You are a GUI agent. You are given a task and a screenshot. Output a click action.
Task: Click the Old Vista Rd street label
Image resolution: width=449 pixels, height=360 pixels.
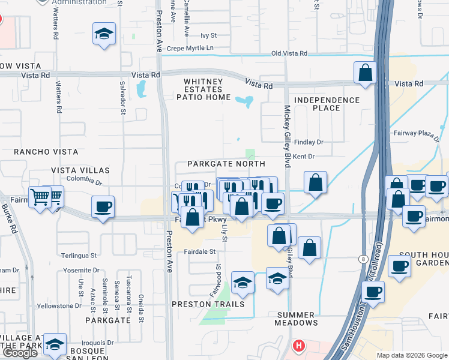click(x=289, y=54)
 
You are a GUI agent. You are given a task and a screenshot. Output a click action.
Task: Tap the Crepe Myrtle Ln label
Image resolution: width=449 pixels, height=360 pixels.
click(x=190, y=48)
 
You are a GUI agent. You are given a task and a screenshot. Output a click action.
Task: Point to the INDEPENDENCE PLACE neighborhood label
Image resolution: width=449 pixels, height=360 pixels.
click(x=327, y=104)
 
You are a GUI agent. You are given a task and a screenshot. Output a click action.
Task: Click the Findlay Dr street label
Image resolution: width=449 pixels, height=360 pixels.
click(x=310, y=142)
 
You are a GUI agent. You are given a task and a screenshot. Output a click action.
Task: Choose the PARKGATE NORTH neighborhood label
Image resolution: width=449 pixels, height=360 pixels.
click(x=226, y=164)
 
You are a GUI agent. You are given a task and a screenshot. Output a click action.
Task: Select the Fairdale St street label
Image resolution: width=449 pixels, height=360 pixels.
click(x=199, y=252)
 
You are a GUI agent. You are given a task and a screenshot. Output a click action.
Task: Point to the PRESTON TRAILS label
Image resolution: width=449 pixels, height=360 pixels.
click(x=208, y=304)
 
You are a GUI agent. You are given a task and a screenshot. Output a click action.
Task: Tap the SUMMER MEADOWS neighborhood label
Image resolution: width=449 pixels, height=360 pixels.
click(x=296, y=319)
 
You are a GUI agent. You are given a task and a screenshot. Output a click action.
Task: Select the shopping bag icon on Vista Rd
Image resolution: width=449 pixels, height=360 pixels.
click(x=365, y=73)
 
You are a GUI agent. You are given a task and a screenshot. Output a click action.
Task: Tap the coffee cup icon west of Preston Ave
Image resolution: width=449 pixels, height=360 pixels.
click(x=103, y=207)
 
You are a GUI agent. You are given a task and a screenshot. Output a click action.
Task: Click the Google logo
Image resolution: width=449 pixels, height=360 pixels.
click(x=19, y=353)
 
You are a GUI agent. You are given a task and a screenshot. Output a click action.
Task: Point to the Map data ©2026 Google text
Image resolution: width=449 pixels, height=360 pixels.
click(x=411, y=355)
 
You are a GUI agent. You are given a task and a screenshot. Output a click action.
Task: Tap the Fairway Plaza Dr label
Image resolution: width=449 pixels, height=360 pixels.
click(x=416, y=133)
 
